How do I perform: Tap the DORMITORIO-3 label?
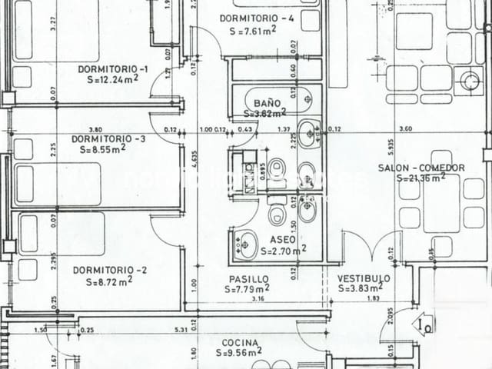click(108, 138)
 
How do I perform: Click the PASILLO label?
click(248, 279)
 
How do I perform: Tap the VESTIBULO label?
click(364, 278)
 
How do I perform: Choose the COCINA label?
click(240, 343)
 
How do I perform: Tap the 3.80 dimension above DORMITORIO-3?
click(95, 129)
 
